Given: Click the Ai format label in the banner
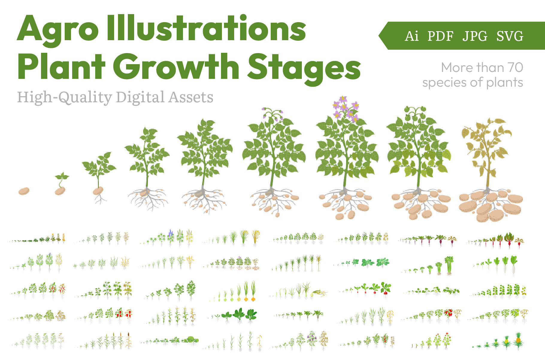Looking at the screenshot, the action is pyautogui.click(x=411, y=36).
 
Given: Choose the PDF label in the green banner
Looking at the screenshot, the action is pyautogui.click(x=440, y=36).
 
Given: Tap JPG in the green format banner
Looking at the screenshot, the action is pyautogui.click(x=475, y=36).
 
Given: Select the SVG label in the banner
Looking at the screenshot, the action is pyautogui.click(x=510, y=36).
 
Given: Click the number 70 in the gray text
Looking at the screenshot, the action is pyautogui.click(x=515, y=67).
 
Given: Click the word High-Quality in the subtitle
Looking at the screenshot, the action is pyautogui.click(x=65, y=97).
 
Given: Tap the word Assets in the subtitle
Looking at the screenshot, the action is pyautogui.click(x=191, y=97).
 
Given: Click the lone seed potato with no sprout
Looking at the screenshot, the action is pyautogui.click(x=24, y=191).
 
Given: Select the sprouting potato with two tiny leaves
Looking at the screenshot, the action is pyautogui.click(x=61, y=184).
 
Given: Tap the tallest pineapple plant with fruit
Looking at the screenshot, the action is pyautogui.click(x=518, y=341).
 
